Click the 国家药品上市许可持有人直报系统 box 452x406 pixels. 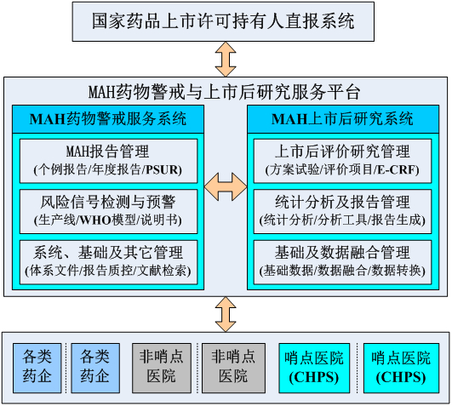coord(223,21)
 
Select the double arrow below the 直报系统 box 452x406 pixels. coord(226,60)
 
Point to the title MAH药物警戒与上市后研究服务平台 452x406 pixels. coord(224,92)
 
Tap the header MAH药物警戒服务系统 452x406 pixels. coord(108,119)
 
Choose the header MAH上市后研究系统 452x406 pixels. coord(343,119)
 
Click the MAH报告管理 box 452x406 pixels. coord(108,161)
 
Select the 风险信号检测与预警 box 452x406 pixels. coord(108,211)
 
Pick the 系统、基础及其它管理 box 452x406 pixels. coord(108,262)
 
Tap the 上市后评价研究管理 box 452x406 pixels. coord(342,161)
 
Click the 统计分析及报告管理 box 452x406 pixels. coord(342,211)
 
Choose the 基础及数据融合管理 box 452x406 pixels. coord(342,262)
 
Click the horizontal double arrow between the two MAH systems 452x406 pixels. coord(226,186)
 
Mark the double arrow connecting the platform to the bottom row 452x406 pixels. coord(226,314)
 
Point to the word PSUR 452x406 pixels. coord(162,169)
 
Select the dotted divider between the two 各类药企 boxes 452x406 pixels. coord(66,368)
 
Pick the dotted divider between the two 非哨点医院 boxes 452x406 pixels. coord(197,368)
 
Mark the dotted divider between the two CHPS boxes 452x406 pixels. coord(358,368)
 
